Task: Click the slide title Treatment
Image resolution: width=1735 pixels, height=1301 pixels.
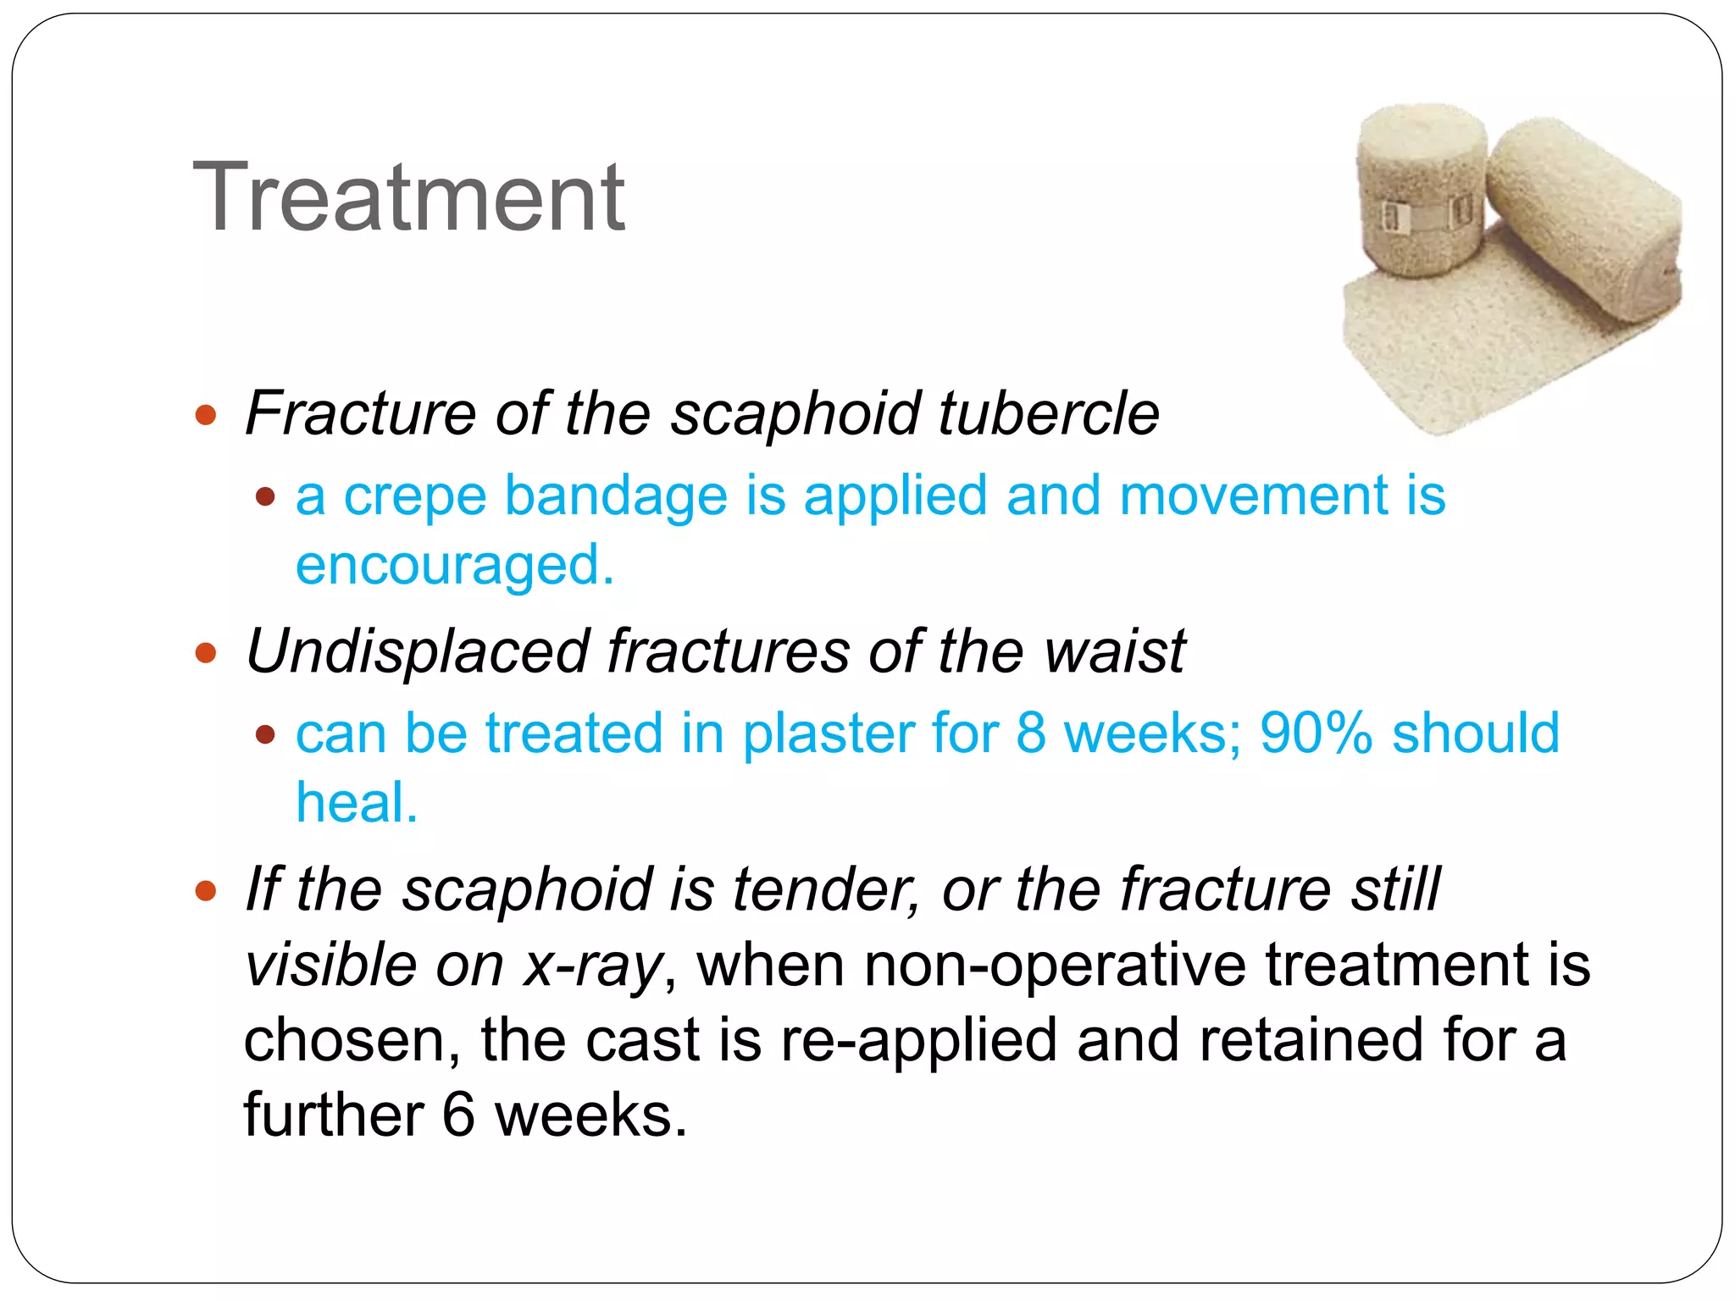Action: (409, 198)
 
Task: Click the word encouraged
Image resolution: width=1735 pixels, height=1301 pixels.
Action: (454, 566)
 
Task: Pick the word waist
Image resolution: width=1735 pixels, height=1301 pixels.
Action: (1114, 651)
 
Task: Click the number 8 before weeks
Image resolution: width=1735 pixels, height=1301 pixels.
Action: (1030, 733)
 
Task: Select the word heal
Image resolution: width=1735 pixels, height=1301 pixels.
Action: (356, 802)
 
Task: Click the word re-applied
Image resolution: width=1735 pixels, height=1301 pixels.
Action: (917, 1040)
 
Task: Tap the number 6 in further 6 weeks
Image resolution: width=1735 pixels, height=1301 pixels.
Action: (458, 1115)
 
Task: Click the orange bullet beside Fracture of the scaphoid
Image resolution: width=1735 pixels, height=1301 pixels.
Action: (206, 415)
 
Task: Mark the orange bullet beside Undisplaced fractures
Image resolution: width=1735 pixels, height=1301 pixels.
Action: (206, 653)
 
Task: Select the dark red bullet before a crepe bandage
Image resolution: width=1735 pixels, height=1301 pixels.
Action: (266, 496)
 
